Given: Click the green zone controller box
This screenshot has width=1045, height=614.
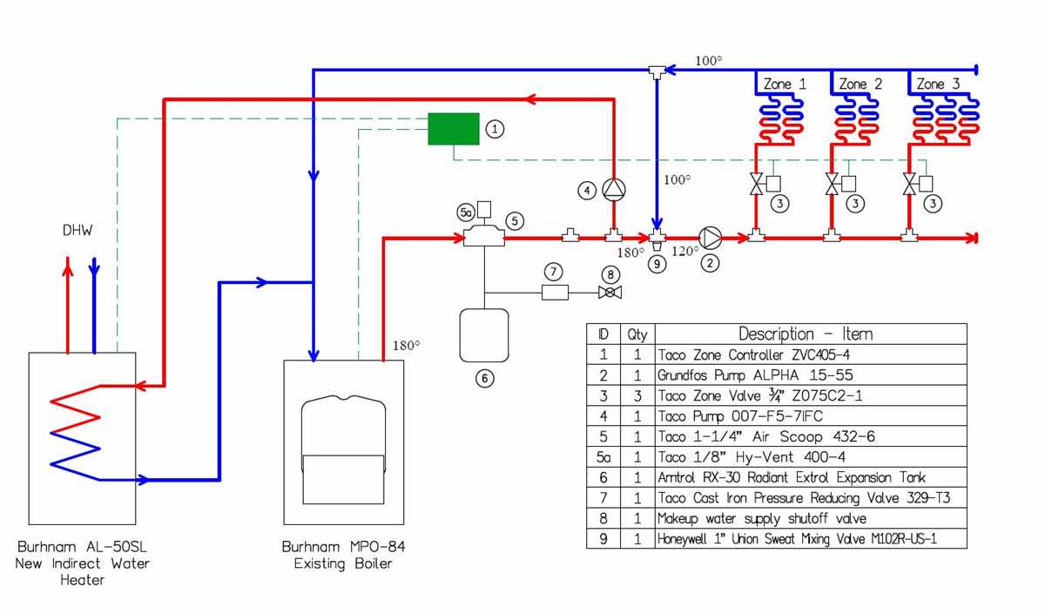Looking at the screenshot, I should pyautogui.click(x=453, y=129).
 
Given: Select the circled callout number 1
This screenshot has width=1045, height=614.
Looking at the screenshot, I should pyautogui.click(x=495, y=129).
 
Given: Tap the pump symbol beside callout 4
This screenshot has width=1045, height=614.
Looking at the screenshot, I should pyautogui.click(x=614, y=189).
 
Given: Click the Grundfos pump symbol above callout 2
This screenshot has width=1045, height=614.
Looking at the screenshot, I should pyautogui.click(x=711, y=237).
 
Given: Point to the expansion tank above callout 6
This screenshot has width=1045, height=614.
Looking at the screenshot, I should pyautogui.click(x=483, y=334).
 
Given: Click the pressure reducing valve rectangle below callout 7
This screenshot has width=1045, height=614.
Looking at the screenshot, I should pyautogui.click(x=555, y=293).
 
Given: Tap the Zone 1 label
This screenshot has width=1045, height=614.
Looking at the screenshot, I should pyautogui.click(x=785, y=84).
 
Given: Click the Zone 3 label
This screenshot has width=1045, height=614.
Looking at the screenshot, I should pyautogui.click(x=938, y=84).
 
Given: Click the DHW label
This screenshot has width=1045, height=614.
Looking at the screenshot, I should pyautogui.click(x=77, y=231).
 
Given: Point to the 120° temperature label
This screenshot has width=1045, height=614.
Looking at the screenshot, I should pyautogui.click(x=685, y=252).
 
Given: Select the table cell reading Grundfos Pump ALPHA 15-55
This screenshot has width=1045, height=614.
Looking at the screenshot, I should pyautogui.click(x=755, y=375).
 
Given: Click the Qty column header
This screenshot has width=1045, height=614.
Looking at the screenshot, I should pyautogui.click(x=637, y=334).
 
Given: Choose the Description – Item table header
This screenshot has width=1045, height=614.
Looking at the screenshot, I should pyautogui.click(x=806, y=334).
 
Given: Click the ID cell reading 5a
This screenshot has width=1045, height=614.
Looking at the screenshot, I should pyautogui.click(x=603, y=457).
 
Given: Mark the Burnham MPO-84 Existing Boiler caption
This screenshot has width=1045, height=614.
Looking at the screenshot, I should pyautogui.click(x=343, y=556).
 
